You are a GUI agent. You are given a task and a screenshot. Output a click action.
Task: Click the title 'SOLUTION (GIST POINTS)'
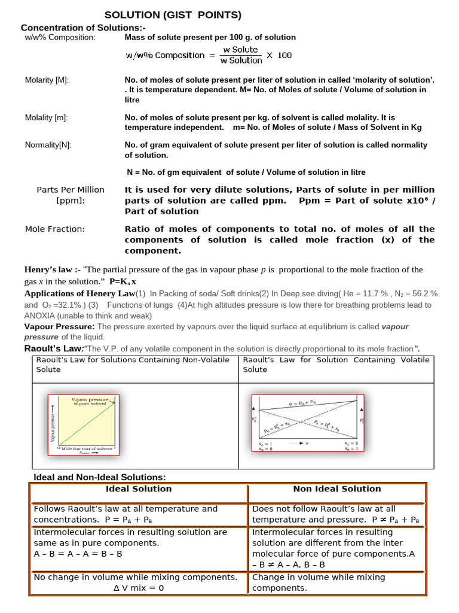[173, 15]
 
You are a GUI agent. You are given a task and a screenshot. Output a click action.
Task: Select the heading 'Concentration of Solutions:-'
[83, 28]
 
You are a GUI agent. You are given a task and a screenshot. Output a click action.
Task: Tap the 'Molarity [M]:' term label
[47, 80]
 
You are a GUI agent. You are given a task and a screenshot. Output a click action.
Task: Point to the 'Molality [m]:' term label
[46, 118]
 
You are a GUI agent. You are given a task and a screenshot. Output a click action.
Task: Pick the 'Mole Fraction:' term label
[55, 229]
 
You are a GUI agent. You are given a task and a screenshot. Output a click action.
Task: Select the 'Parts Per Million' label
[71, 190]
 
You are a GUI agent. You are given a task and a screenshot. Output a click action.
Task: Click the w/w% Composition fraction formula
[209, 55]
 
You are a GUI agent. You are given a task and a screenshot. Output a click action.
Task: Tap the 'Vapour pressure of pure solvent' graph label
[90, 401]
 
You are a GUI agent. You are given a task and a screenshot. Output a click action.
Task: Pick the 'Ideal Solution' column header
[138, 489]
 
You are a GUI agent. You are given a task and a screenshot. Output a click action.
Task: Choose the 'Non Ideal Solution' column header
[336, 489]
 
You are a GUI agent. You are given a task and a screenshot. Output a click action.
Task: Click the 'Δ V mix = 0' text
[139, 588]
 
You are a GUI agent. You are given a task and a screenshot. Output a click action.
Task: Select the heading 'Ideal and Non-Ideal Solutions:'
[99, 477]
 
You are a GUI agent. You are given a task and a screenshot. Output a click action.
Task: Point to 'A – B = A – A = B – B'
[78, 554]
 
